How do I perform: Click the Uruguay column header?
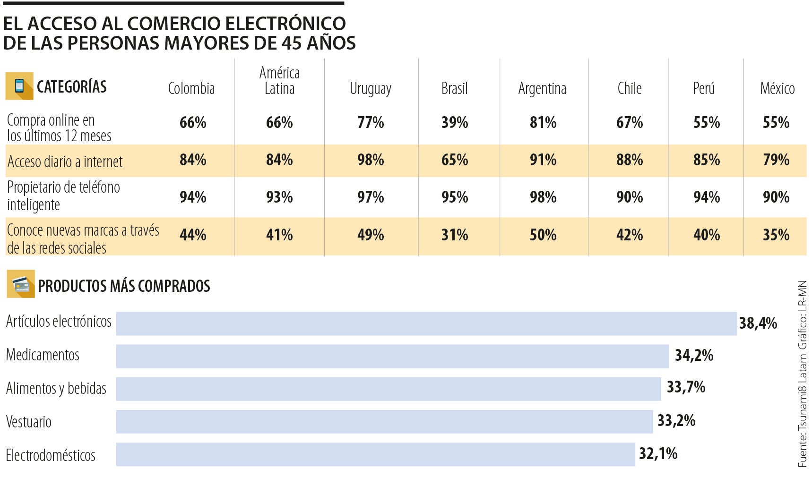pyautogui.click(x=370, y=89)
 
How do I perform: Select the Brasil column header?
pyautogui.click(x=454, y=88)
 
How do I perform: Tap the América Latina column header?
pyautogui.click(x=279, y=80)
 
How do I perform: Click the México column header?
pyautogui.click(x=777, y=88)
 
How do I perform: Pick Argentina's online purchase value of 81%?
pyautogui.click(x=543, y=123)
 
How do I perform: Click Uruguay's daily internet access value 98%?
pyautogui.click(x=370, y=160)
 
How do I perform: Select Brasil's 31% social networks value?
pyautogui.click(x=454, y=235)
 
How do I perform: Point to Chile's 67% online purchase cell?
pyautogui.click(x=629, y=123)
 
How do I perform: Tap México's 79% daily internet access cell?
pyautogui.click(x=776, y=160)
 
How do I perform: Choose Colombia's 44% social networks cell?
pyautogui.click(x=193, y=235)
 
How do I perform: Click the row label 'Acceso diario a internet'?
pyautogui.click(x=65, y=162)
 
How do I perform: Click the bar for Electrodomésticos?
pyautogui.click(x=375, y=454)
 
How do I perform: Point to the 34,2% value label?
pyautogui.click(x=693, y=355)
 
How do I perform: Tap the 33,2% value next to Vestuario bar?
pyautogui.click(x=676, y=420)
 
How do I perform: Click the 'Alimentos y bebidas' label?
pyautogui.click(x=56, y=388)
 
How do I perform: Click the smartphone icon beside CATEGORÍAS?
pyautogui.click(x=19, y=86)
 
